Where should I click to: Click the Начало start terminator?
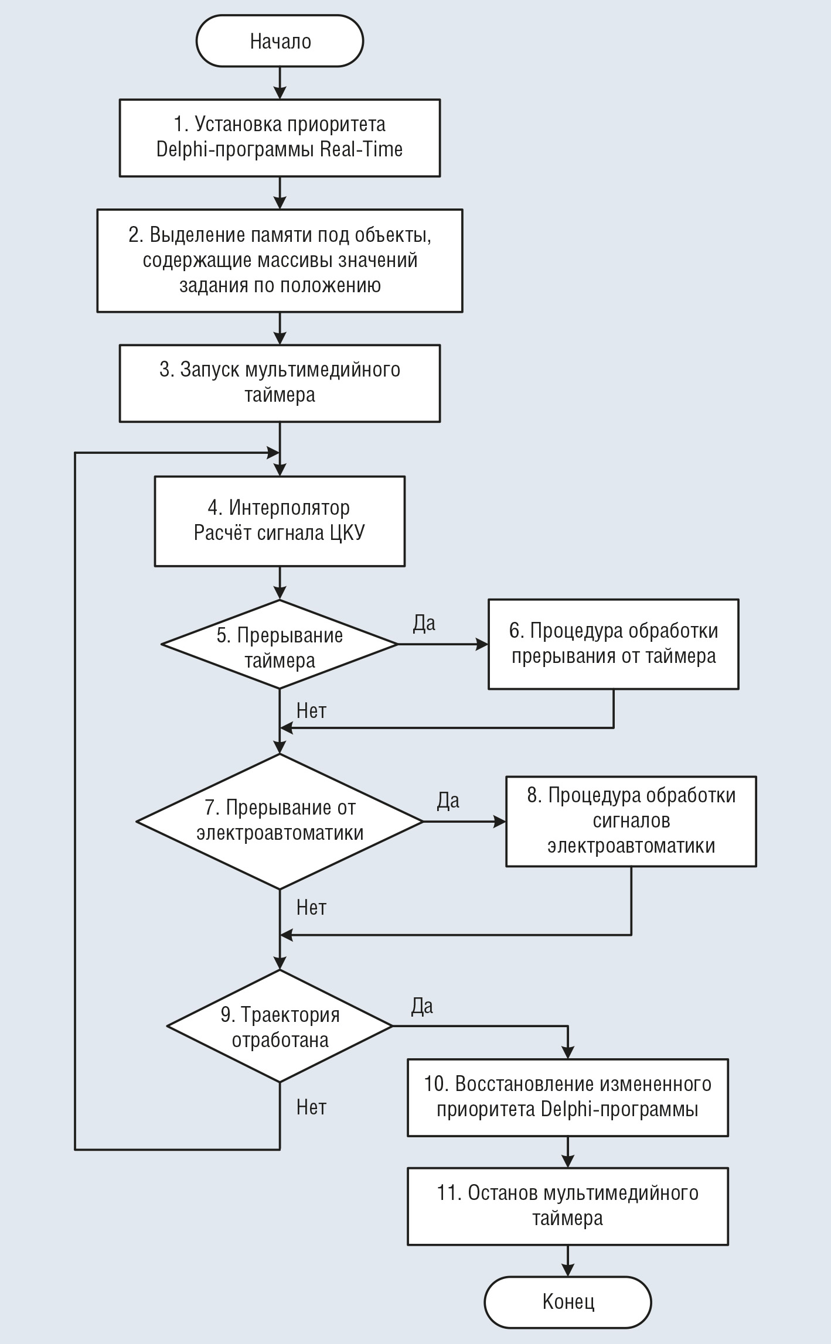[x=280, y=41]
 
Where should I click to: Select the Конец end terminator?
[x=568, y=1302]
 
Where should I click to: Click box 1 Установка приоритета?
[x=280, y=138]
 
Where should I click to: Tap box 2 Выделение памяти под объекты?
[x=280, y=261]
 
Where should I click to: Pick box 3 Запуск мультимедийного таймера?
[x=280, y=383]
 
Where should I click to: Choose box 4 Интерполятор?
[x=280, y=521]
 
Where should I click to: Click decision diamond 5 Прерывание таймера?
[x=280, y=644]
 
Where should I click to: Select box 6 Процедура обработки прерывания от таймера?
[x=614, y=644]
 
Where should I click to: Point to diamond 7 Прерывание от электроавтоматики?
[x=280, y=821]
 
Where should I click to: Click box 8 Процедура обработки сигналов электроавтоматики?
[x=631, y=821]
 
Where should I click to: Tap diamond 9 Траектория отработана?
[x=280, y=1026]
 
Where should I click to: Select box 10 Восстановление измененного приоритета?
[x=568, y=1097]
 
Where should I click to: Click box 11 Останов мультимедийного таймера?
[x=568, y=1206]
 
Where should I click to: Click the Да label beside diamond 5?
[x=424, y=623]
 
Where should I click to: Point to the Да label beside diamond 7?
[x=448, y=801]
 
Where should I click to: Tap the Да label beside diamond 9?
[x=422, y=1006]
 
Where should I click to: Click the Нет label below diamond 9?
[x=311, y=1107]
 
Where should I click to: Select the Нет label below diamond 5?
[x=311, y=710]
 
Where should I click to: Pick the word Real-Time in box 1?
[x=362, y=149]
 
